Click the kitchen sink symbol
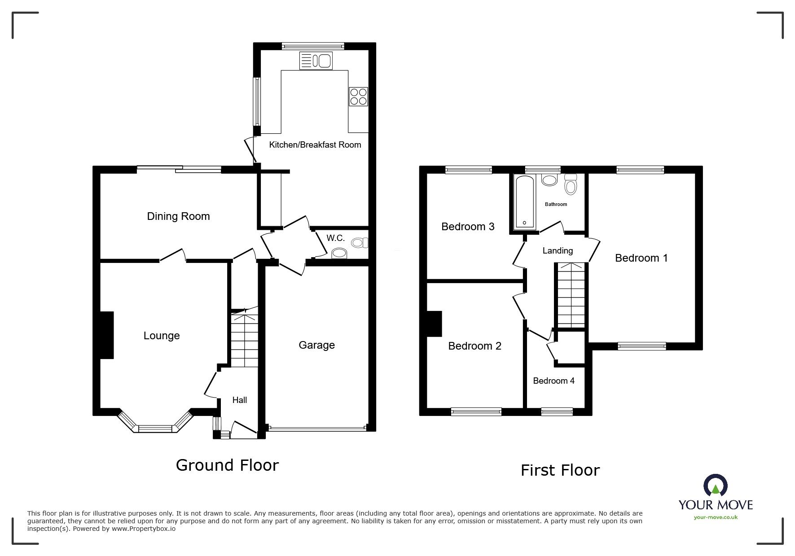coord(315,61)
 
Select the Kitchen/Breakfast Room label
coord(315,144)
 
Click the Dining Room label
coord(178,216)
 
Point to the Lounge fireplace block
coord(106,335)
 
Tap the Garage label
coord(316,345)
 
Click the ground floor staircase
coord(245,341)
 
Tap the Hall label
coord(239,400)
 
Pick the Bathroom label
coord(556,204)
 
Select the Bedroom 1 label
coord(641,258)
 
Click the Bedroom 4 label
coord(553,381)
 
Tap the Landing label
coord(558,250)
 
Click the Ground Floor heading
coord(227,465)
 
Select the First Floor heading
coord(560,470)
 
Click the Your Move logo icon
coord(716,486)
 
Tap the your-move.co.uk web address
coord(716,517)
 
